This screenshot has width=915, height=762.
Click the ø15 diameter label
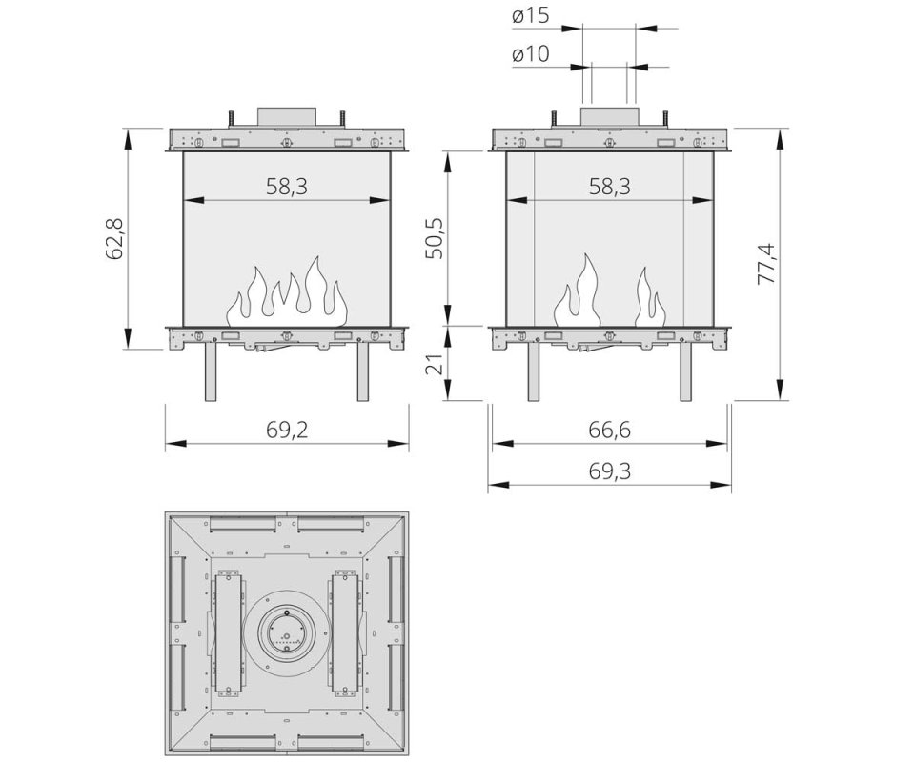(x=531, y=16)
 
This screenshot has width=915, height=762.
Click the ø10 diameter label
(x=531, y=54)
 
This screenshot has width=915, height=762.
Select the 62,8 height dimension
(x=113, y=238)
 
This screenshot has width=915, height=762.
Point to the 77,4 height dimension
(x=765, y=264)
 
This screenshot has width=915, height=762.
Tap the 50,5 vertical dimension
(x=434, y=238)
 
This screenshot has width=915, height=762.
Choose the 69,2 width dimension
(x=287, y=431)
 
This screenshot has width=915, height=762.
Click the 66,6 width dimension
(x=609, y=431)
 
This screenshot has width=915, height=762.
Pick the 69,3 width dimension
(x=609, y=471)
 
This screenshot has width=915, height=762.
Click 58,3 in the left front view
(x=287, y=187)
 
